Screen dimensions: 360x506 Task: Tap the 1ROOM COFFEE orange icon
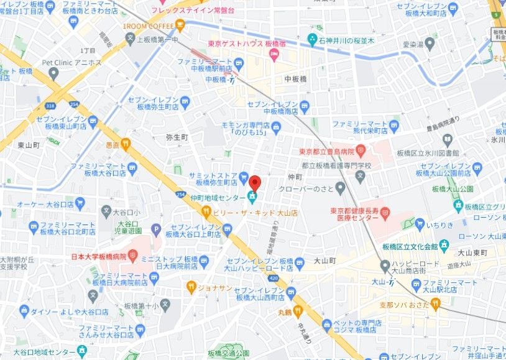180,26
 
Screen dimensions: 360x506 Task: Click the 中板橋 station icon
231,79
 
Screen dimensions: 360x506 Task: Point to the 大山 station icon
392,282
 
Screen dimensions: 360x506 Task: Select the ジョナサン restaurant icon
191,287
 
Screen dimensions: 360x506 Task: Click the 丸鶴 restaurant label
285,310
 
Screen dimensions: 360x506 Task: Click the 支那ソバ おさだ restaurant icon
435,303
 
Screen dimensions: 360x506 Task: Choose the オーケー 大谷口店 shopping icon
80,202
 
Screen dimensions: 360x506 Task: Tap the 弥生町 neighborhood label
177,137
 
